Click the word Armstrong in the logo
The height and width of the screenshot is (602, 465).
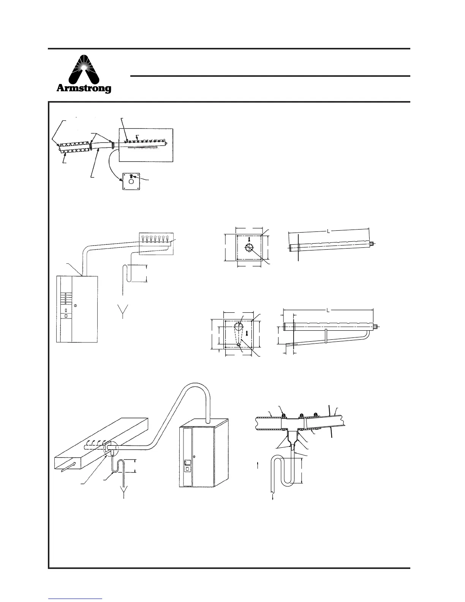point(84,89)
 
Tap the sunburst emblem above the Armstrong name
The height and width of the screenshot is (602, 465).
point(84,68)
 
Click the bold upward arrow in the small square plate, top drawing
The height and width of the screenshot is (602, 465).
point(131,176)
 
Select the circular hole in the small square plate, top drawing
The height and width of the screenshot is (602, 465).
point(131,182)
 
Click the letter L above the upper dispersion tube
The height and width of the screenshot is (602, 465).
point(328,230)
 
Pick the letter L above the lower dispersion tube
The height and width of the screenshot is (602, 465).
point(328,310)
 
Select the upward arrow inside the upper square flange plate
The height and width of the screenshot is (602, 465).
point(249,239)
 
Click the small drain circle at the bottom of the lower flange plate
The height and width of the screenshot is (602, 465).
point(239,344)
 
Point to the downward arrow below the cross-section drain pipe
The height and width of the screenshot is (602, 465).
point(274,497)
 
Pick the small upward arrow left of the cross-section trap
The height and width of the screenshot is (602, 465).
point(258,465)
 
